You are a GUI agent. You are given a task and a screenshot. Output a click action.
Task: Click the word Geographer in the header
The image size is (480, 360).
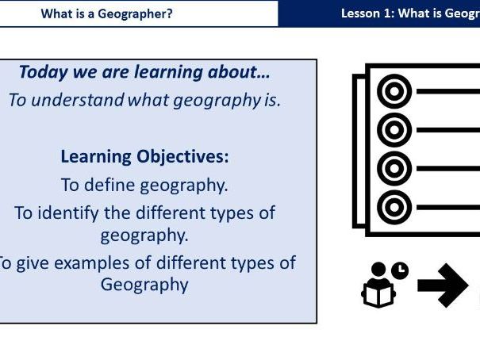point(138,13)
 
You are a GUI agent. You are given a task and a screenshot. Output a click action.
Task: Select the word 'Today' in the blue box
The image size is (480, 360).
point(40,73)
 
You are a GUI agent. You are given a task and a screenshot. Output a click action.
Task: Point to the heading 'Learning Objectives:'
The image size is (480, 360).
point(144,156)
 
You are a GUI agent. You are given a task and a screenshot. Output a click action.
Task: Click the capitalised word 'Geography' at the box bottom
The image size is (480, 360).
point(144,284)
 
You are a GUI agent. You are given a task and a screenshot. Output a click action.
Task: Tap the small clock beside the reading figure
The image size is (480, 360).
point(400,270)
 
